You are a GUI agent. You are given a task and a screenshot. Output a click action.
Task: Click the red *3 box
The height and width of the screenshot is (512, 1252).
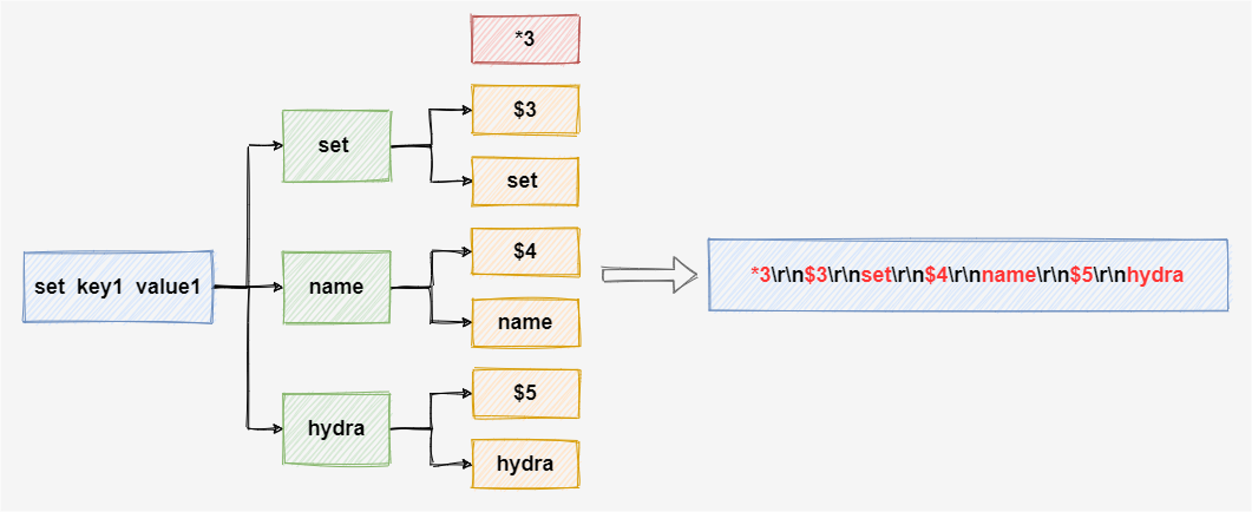[525, 39]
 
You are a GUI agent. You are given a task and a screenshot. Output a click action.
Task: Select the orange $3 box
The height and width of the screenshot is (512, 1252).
[525, 110]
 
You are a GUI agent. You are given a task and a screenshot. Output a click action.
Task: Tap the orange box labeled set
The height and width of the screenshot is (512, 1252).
[525, 181]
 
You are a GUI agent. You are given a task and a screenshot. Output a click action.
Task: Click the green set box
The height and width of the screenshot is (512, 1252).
[336, 146]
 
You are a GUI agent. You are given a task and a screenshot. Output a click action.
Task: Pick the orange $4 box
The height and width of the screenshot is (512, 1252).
[525, 252]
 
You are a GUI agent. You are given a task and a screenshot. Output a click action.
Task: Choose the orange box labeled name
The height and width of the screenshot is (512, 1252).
[525, 322]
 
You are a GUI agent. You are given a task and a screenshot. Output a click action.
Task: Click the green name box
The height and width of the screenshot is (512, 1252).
[336, 287]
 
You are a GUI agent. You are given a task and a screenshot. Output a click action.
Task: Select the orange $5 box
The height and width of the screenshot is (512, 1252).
[525, 393]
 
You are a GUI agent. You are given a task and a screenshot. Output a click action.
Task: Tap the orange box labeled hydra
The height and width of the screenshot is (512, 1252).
[525, 464]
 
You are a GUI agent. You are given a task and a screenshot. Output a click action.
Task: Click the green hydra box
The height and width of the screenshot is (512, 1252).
[336, 429]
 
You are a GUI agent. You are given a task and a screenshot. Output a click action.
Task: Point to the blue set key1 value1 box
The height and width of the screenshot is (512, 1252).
[118, 287]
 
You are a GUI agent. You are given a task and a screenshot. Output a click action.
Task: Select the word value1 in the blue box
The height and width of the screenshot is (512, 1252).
[168, 287]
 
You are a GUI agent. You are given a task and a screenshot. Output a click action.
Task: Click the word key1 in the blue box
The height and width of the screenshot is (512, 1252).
[100, 287]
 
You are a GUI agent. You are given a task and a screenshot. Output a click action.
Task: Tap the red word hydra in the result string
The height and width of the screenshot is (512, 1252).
[1155, 275]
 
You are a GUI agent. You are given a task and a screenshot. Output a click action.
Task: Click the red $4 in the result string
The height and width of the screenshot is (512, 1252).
[936, 275]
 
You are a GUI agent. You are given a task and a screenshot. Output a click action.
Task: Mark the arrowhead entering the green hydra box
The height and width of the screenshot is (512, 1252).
[278, 429]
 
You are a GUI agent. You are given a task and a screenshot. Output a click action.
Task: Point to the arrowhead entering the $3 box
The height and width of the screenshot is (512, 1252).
[467, 110]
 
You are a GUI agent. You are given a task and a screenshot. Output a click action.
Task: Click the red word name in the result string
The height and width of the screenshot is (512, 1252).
[1008, 275]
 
